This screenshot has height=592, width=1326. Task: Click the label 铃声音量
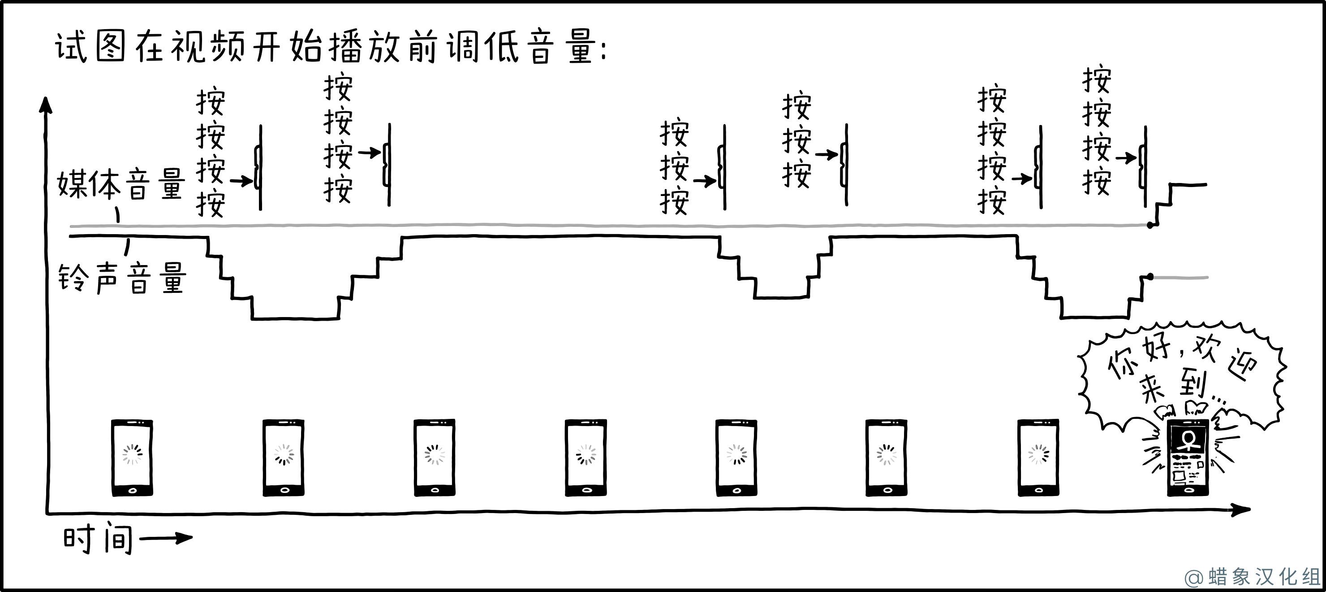point(121,279)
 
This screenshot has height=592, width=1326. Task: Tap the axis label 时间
point(98,539)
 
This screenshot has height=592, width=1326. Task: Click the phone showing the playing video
point(1188,457)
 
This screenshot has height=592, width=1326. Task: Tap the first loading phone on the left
point(132,457)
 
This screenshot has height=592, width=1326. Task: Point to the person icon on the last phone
point(1188,441)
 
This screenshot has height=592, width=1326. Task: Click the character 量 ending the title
point(581,48)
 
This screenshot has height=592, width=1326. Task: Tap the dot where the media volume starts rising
point(1150,225)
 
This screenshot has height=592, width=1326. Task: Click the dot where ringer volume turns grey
point(1150,277)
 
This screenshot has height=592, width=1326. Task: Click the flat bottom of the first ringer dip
point(295,319)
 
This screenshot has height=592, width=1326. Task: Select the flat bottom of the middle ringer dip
point(781,297)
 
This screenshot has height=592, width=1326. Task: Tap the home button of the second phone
point(284,490)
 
